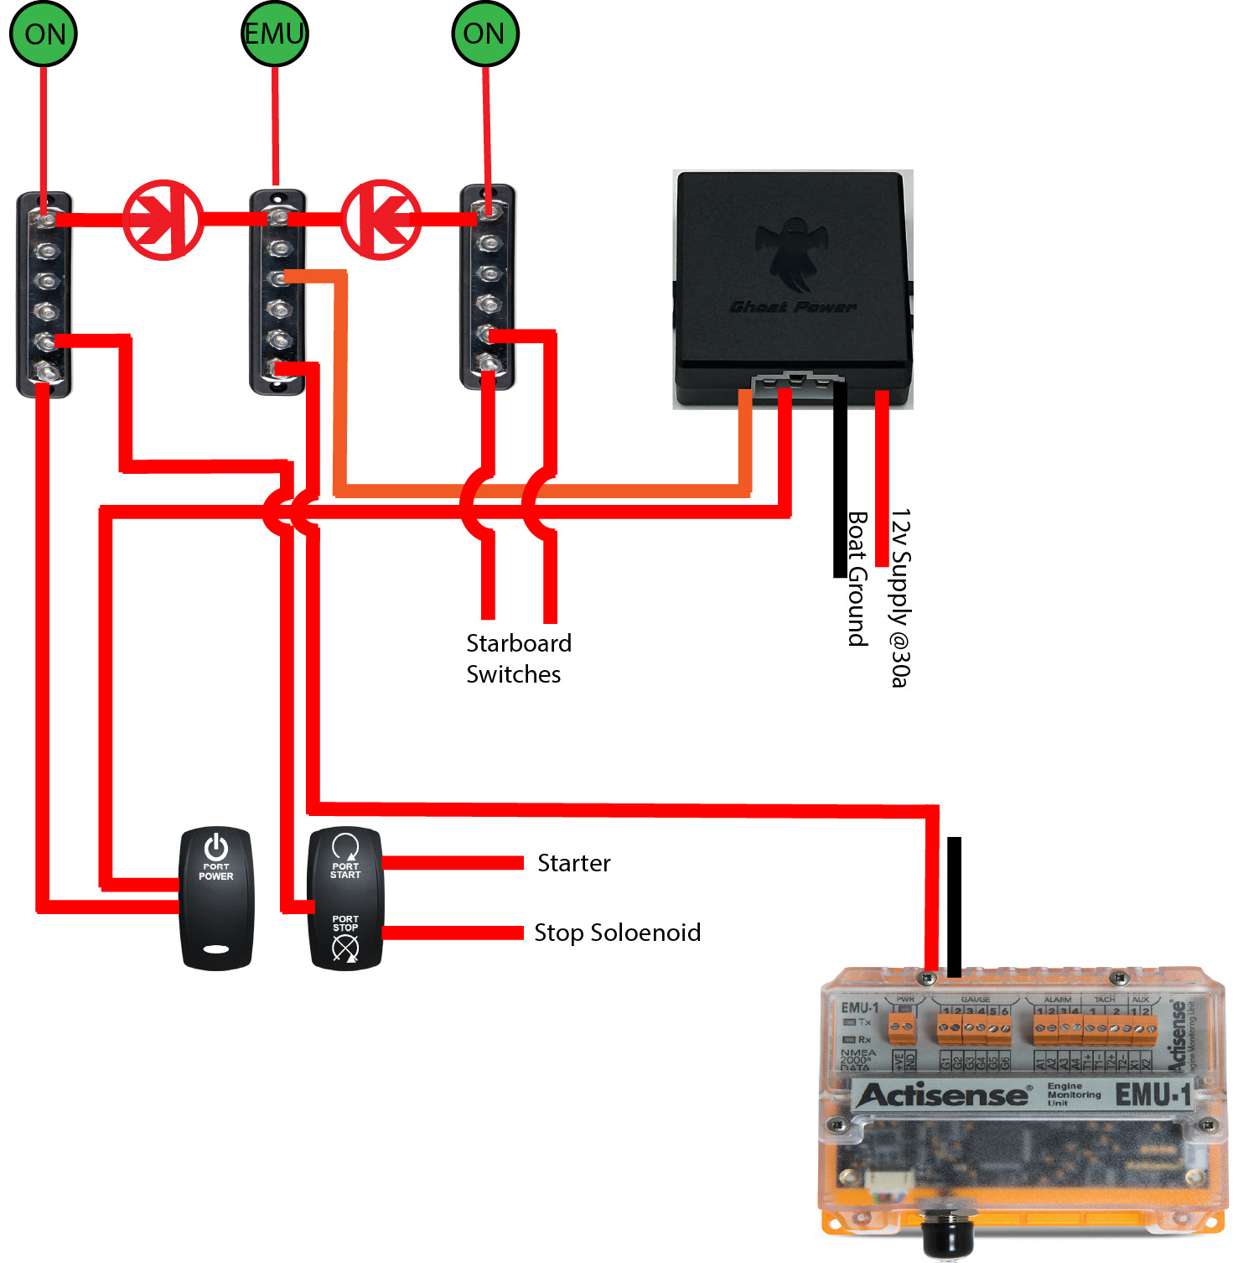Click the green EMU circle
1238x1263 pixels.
tap(275, 34)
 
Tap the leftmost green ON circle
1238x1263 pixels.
tap(44, 34)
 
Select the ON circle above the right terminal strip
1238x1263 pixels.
tap(485, 34)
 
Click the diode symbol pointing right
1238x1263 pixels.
tap(163, 220)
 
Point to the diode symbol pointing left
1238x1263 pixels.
tap(381, 220)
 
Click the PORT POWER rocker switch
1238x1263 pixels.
tap(216, 898)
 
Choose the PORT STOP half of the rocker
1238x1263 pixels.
tap(345, 935)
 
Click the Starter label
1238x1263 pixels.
tap(574, 863)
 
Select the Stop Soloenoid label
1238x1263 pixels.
tap(618, 933)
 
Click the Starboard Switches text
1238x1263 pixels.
tap(518, 658)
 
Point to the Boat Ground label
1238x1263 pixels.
tap(857, 579)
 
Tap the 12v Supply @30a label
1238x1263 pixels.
tap(900, 597)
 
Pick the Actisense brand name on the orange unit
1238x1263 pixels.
tap(943, 1095)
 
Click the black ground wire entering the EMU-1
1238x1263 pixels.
tap(954, 906)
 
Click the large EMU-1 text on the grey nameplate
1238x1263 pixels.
tap(1153, 1094)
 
